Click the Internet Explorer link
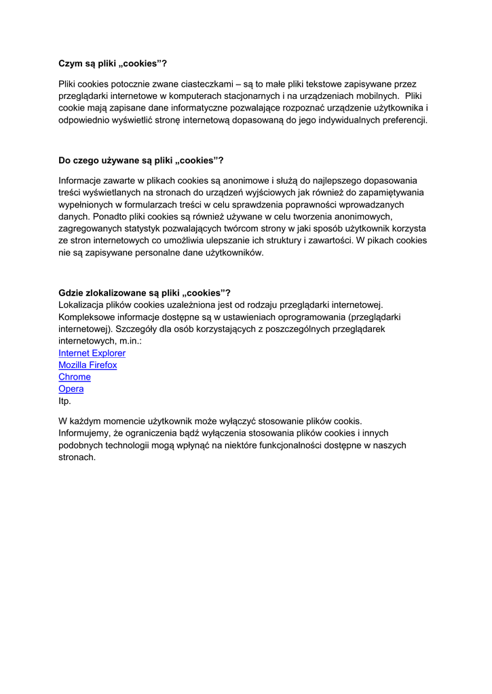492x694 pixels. pos(92,353)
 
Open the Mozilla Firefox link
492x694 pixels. pos(88,365)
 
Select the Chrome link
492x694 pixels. pos(75,377)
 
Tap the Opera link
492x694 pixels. pos(71,389)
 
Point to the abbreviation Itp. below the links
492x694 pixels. pos(64,401)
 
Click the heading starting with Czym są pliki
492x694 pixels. pos(113,64)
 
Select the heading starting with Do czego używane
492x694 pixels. pos(141,161)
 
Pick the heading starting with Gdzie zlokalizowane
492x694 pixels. pos(145,293)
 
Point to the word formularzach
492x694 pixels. pos(143,205)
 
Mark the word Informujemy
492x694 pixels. pos(88,433)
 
